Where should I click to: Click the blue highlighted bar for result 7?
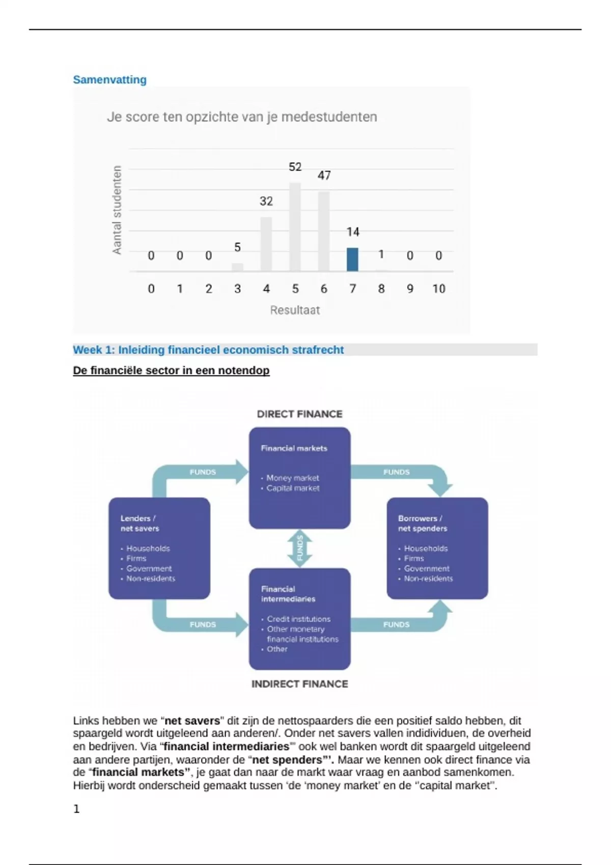[352, 259]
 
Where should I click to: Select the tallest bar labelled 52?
[295, 227]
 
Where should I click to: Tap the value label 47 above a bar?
[324, 176]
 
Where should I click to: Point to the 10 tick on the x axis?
[438, 289]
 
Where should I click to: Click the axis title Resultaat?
[295, 310]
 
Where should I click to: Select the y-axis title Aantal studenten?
[117, 210]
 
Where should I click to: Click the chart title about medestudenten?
[242, 117]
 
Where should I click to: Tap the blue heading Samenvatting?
[109, 80]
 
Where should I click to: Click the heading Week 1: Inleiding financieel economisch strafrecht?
[208, 350]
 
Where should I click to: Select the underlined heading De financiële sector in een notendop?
[171, 370]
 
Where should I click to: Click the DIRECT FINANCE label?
[299, 414]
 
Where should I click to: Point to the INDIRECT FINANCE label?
[299, 684]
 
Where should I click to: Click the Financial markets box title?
[294, 448]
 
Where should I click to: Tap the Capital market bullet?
[293, 488]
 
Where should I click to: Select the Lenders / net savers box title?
[140, 523]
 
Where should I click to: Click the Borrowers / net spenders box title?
[422, 523]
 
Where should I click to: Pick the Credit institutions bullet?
[298, 619]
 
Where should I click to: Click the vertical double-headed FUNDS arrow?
[300, 549]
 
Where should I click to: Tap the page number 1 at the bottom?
[76, 809]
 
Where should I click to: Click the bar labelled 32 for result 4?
[266, 244]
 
